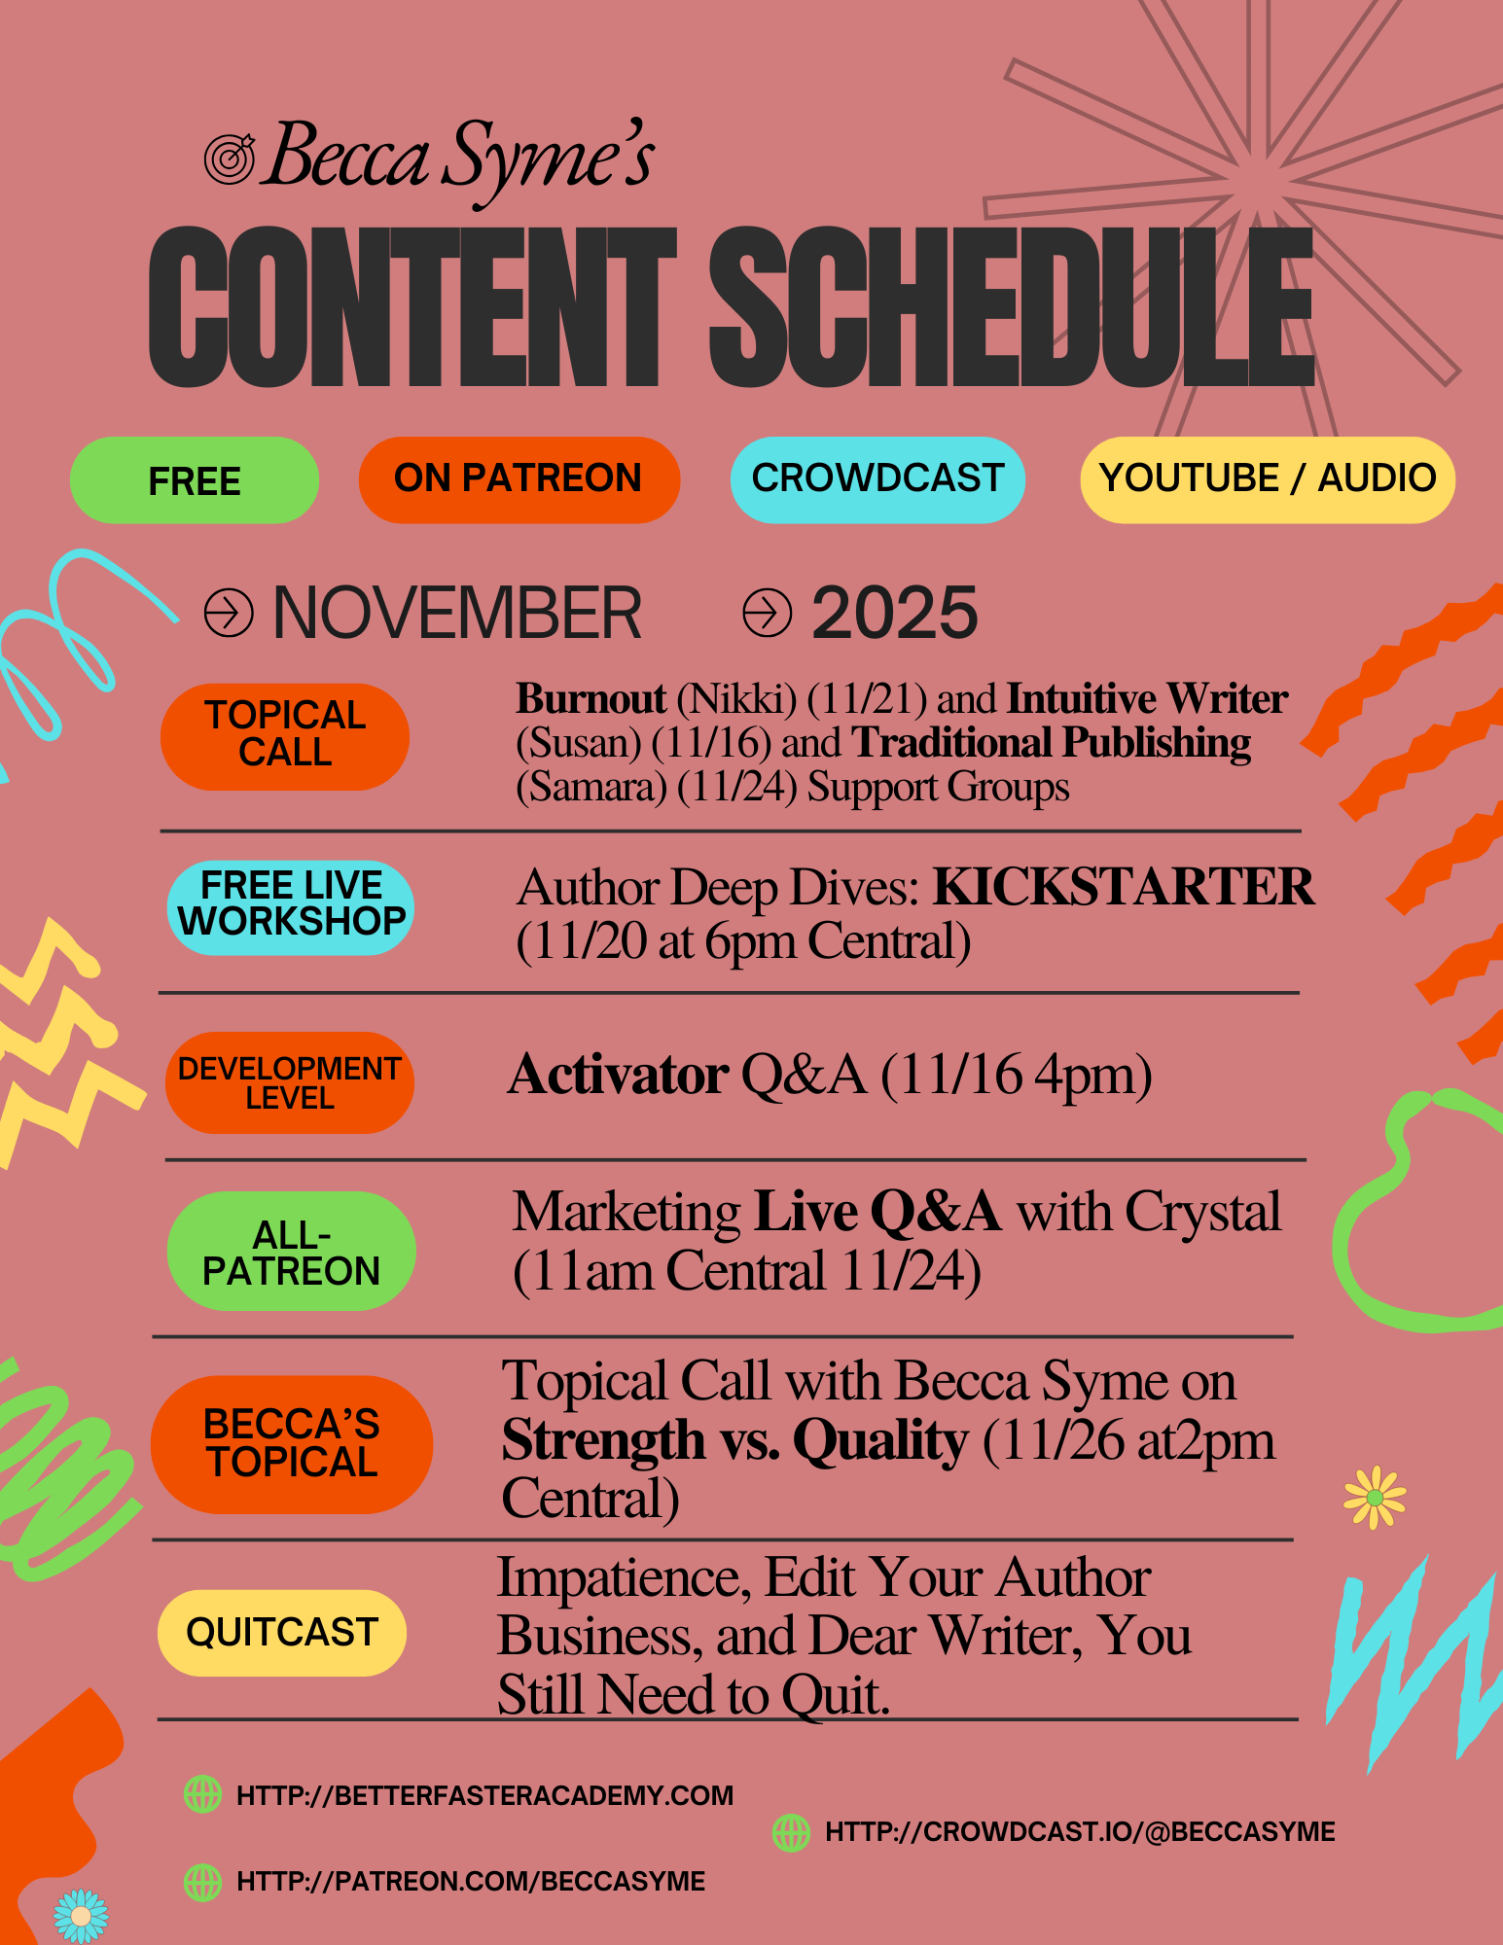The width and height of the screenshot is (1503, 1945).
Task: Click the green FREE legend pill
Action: (195, 480)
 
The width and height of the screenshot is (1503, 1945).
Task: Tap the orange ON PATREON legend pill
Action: (519, 479)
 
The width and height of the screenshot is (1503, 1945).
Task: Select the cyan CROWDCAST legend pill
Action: (877, 479)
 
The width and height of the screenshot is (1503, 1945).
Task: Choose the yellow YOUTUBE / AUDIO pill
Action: (1268, 479)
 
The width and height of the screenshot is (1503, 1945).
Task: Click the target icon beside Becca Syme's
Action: (230, 159)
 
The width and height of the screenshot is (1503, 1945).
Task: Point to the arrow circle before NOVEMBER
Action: (229, 613)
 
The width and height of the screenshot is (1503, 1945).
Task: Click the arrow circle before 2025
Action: (767, 613)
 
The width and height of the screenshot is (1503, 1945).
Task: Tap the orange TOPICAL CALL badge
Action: (285, 736)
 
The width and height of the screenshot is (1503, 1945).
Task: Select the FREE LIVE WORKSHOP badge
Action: (291, 907)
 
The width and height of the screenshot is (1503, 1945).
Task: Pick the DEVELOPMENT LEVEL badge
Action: (289, 1082)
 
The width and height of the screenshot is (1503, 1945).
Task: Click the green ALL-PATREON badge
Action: (291, 1251)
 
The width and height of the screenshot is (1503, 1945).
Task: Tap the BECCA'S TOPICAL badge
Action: (292, 1444)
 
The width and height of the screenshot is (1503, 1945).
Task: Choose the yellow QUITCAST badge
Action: (282, 1633)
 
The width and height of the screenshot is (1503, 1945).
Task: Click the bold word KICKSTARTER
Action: (1124, 887)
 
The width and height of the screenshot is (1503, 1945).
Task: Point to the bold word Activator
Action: (618, 1076)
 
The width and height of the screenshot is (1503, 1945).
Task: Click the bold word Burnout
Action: (590, 698)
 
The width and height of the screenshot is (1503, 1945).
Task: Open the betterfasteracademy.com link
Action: (485, 1795)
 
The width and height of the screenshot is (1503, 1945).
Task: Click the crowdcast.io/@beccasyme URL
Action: (1080, 1832)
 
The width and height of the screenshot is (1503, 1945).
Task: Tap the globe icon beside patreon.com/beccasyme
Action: (202, 1882)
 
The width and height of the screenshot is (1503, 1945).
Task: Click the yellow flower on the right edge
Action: (1375, 1498)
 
